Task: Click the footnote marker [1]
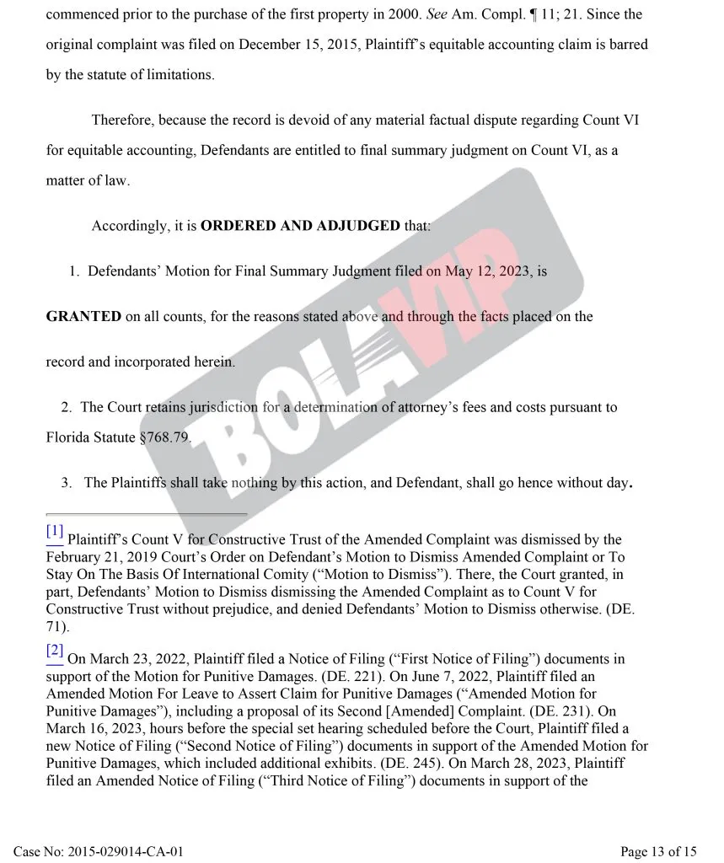click(x=55, y=532)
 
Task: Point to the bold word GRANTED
click(x=83, y=317)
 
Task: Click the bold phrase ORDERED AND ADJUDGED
click(x=300, y=227)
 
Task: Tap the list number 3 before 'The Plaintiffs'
click(x=66, y=483)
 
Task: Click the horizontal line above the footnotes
click(x=147, y=514)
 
